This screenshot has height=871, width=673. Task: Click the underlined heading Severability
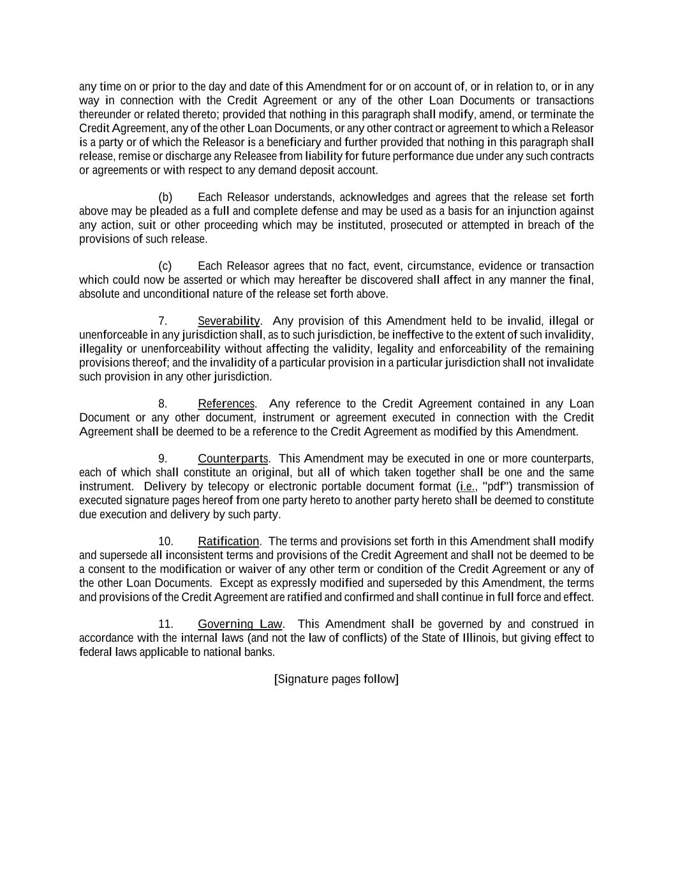(228, 321)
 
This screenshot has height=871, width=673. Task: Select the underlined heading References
(226, 404)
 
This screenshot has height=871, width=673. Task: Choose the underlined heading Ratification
(228, 542)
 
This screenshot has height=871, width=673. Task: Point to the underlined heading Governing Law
(240, 624)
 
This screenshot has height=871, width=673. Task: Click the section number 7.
(163, 321)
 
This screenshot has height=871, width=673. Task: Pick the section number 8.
(163, 404)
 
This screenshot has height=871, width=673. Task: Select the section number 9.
(163, 459)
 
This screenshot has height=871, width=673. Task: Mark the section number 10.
(165, 542)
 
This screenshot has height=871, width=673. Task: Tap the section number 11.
(165, 624)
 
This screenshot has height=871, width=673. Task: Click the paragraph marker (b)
(165, 197)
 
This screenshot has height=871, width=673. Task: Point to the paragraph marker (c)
(165, 266)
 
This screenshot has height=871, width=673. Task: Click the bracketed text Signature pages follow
(336, 679)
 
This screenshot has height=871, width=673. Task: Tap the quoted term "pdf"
(498, 487)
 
